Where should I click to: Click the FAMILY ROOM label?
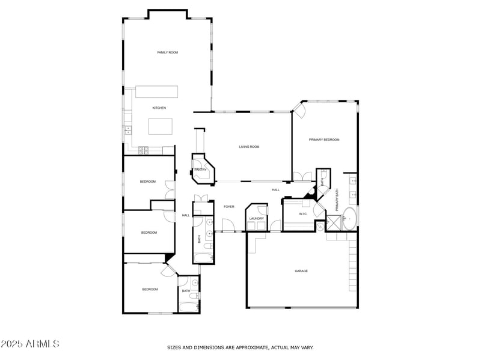(167, 53)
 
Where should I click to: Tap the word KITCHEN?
(159, 108)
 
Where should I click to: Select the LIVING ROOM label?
(249, 147)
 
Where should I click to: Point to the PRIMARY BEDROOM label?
(324, 139)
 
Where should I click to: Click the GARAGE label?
(301, 271)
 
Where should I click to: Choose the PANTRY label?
(200, 169)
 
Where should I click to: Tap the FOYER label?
(229, 207)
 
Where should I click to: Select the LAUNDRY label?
(257, 218)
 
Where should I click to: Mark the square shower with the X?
(332, 225)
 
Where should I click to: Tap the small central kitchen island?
(161, 126)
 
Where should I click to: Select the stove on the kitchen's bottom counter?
(143, 150)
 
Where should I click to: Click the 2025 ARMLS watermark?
(30, 344)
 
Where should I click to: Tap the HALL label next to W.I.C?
(275, 190)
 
